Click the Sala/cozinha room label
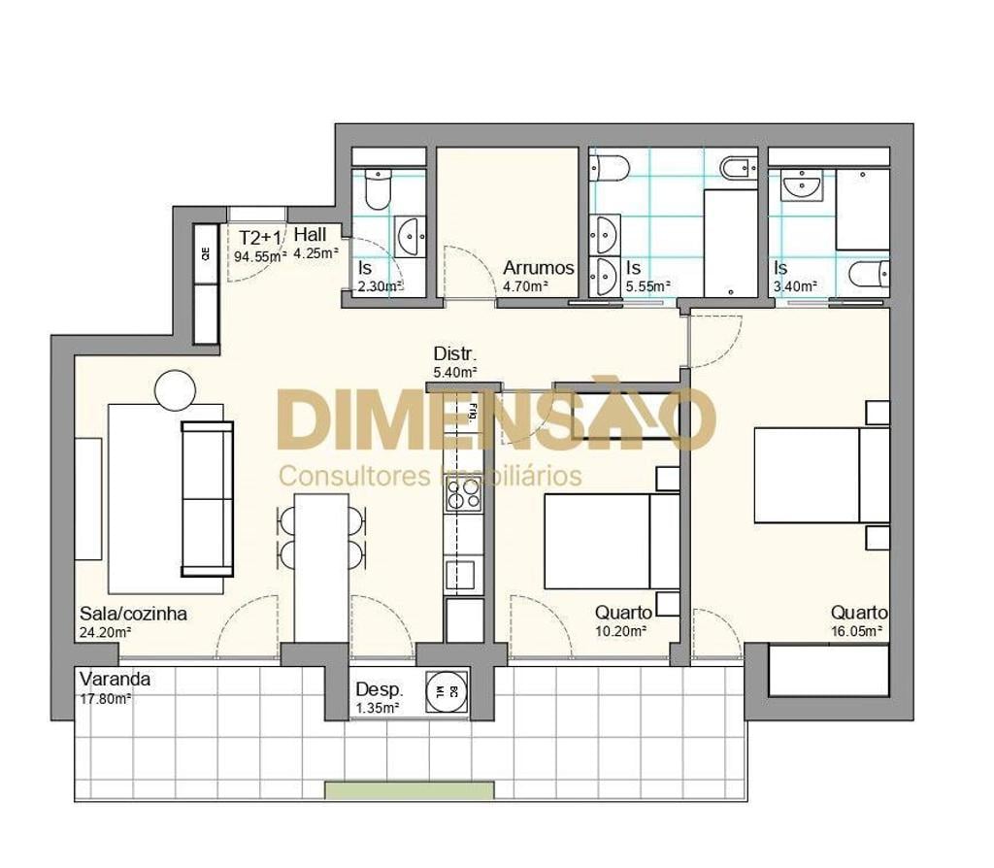(x=132, y=614)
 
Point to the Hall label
(x=311, y=235)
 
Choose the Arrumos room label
(x=539, y=268)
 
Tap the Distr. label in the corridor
(x=454, y=353)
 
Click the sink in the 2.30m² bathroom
(x=410, y=233)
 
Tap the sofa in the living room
(x=207, y=498)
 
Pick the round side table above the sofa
(x=176, y=389)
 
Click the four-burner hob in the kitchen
(x=463, y=497)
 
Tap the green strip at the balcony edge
(x=410, y=790)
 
